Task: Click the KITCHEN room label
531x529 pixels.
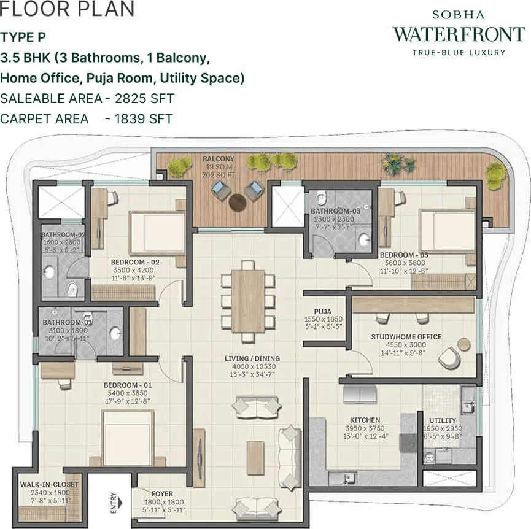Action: [x=365, y=420]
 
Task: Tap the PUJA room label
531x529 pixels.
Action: [x=322, y=311]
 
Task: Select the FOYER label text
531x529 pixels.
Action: [x=162, y=494]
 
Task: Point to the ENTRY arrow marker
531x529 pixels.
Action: [x=120, y=503]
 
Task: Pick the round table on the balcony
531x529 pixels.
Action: [x=238, y=202]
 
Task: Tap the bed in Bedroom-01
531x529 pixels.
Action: [x=128, y=438]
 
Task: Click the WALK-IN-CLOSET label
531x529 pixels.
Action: [x=49, y=485]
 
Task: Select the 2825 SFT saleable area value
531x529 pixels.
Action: [x=145, y=98]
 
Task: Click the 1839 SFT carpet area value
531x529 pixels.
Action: [x=144, y=119]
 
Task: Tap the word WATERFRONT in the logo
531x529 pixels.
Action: [x=459, y=34]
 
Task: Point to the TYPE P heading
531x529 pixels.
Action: [x=23, y=37]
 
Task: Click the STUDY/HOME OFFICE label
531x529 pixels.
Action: [x=406, y=337]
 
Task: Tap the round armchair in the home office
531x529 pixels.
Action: [x=449, y=357]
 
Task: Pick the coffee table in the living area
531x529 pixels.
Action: [x=255, y=458]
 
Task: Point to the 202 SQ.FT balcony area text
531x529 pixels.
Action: [x=219, y=175]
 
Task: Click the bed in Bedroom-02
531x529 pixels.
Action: [x=157, y=233]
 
